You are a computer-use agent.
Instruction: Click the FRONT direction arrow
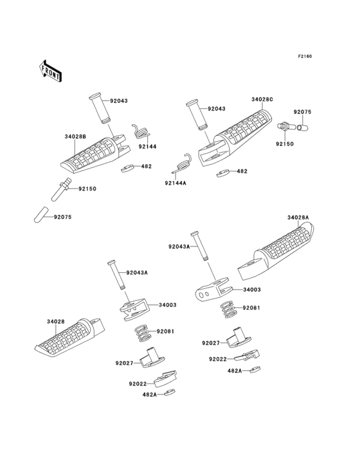pyautogui.click(x=50, y=71)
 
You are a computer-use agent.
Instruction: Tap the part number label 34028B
pyautogui.click(x=75, y=136)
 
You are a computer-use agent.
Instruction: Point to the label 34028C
pyautogui.click(x=262, y=100)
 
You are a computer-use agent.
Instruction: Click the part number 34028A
pyautogui.click(x=298, y=217)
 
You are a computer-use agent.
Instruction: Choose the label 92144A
pyautogui.click(x=175, y=183)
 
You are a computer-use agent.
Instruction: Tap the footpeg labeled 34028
pyautogui.click(x=69, y=338)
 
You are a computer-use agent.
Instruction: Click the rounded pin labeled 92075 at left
pyautogui.click(x=40, y=214)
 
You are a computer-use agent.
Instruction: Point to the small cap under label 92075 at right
pyautogui.click(x=303, y=127)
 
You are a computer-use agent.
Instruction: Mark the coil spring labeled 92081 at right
pyautogui.click(x=229, y=309)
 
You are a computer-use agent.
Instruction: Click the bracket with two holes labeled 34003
pyautogui.click(x=212, y=290)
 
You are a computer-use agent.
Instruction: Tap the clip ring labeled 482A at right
pyautogui.click(x=256, y=369)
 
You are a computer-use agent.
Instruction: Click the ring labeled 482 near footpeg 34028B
pyautogui.click(x=127, y=169)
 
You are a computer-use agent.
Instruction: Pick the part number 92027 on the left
pyautogui.click(x=124, y=363)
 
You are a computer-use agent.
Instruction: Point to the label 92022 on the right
pyautogui.click(x=218, y=359)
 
